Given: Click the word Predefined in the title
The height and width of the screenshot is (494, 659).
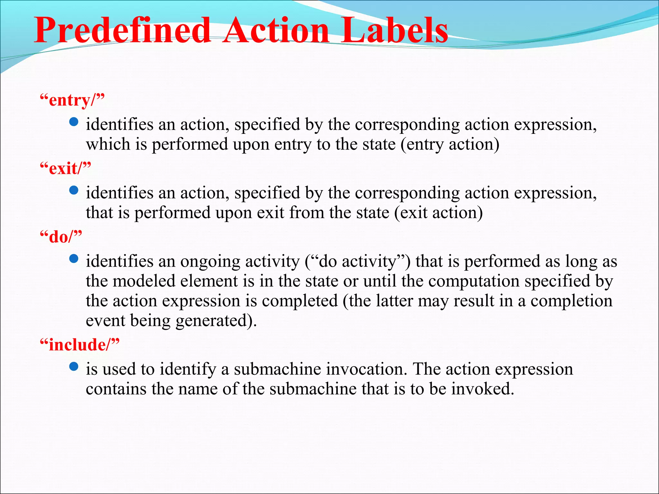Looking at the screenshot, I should [122, 31].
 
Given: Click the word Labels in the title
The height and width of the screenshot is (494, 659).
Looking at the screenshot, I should [394, 31].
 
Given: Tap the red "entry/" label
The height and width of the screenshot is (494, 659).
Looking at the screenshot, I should [72, 100].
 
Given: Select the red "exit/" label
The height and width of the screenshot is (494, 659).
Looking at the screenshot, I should [65, 169].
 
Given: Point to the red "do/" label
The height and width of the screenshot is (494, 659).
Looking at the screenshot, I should [61, 237].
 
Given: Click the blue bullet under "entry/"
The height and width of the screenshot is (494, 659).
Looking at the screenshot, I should [74, 122].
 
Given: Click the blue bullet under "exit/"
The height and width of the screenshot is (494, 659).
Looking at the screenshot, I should [74, 190].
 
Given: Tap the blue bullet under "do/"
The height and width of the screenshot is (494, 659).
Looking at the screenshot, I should [74, 259].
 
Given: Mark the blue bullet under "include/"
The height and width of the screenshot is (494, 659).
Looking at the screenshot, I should [74, 367].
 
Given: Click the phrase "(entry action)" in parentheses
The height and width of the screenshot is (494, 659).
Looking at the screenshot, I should [450, 144].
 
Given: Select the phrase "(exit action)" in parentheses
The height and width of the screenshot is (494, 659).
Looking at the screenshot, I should [439, 213].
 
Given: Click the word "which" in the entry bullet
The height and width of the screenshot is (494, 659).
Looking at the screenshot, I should [108, 144].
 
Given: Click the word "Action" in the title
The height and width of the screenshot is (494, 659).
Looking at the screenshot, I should [277, 31].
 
